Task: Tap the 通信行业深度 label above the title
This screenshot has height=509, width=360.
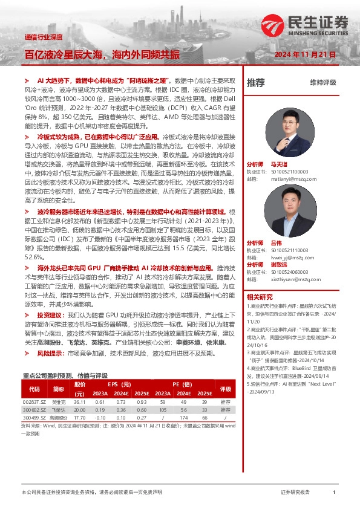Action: point(44,37)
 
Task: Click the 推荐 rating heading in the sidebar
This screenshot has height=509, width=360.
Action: point(256,82)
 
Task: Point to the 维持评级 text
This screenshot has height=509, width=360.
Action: point(322,82)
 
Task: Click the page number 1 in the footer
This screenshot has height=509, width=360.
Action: point(334,493)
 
